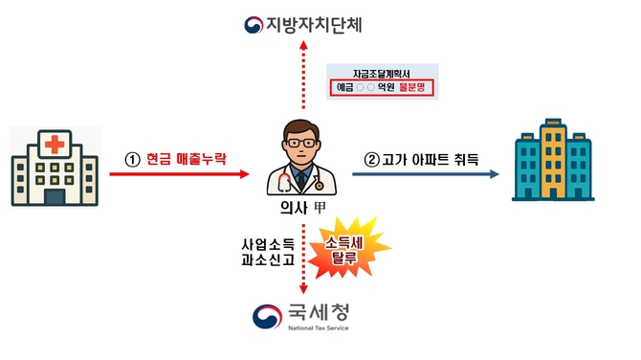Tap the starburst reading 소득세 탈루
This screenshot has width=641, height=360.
tap(342, 251)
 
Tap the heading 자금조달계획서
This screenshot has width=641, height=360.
tap(381, 73)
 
